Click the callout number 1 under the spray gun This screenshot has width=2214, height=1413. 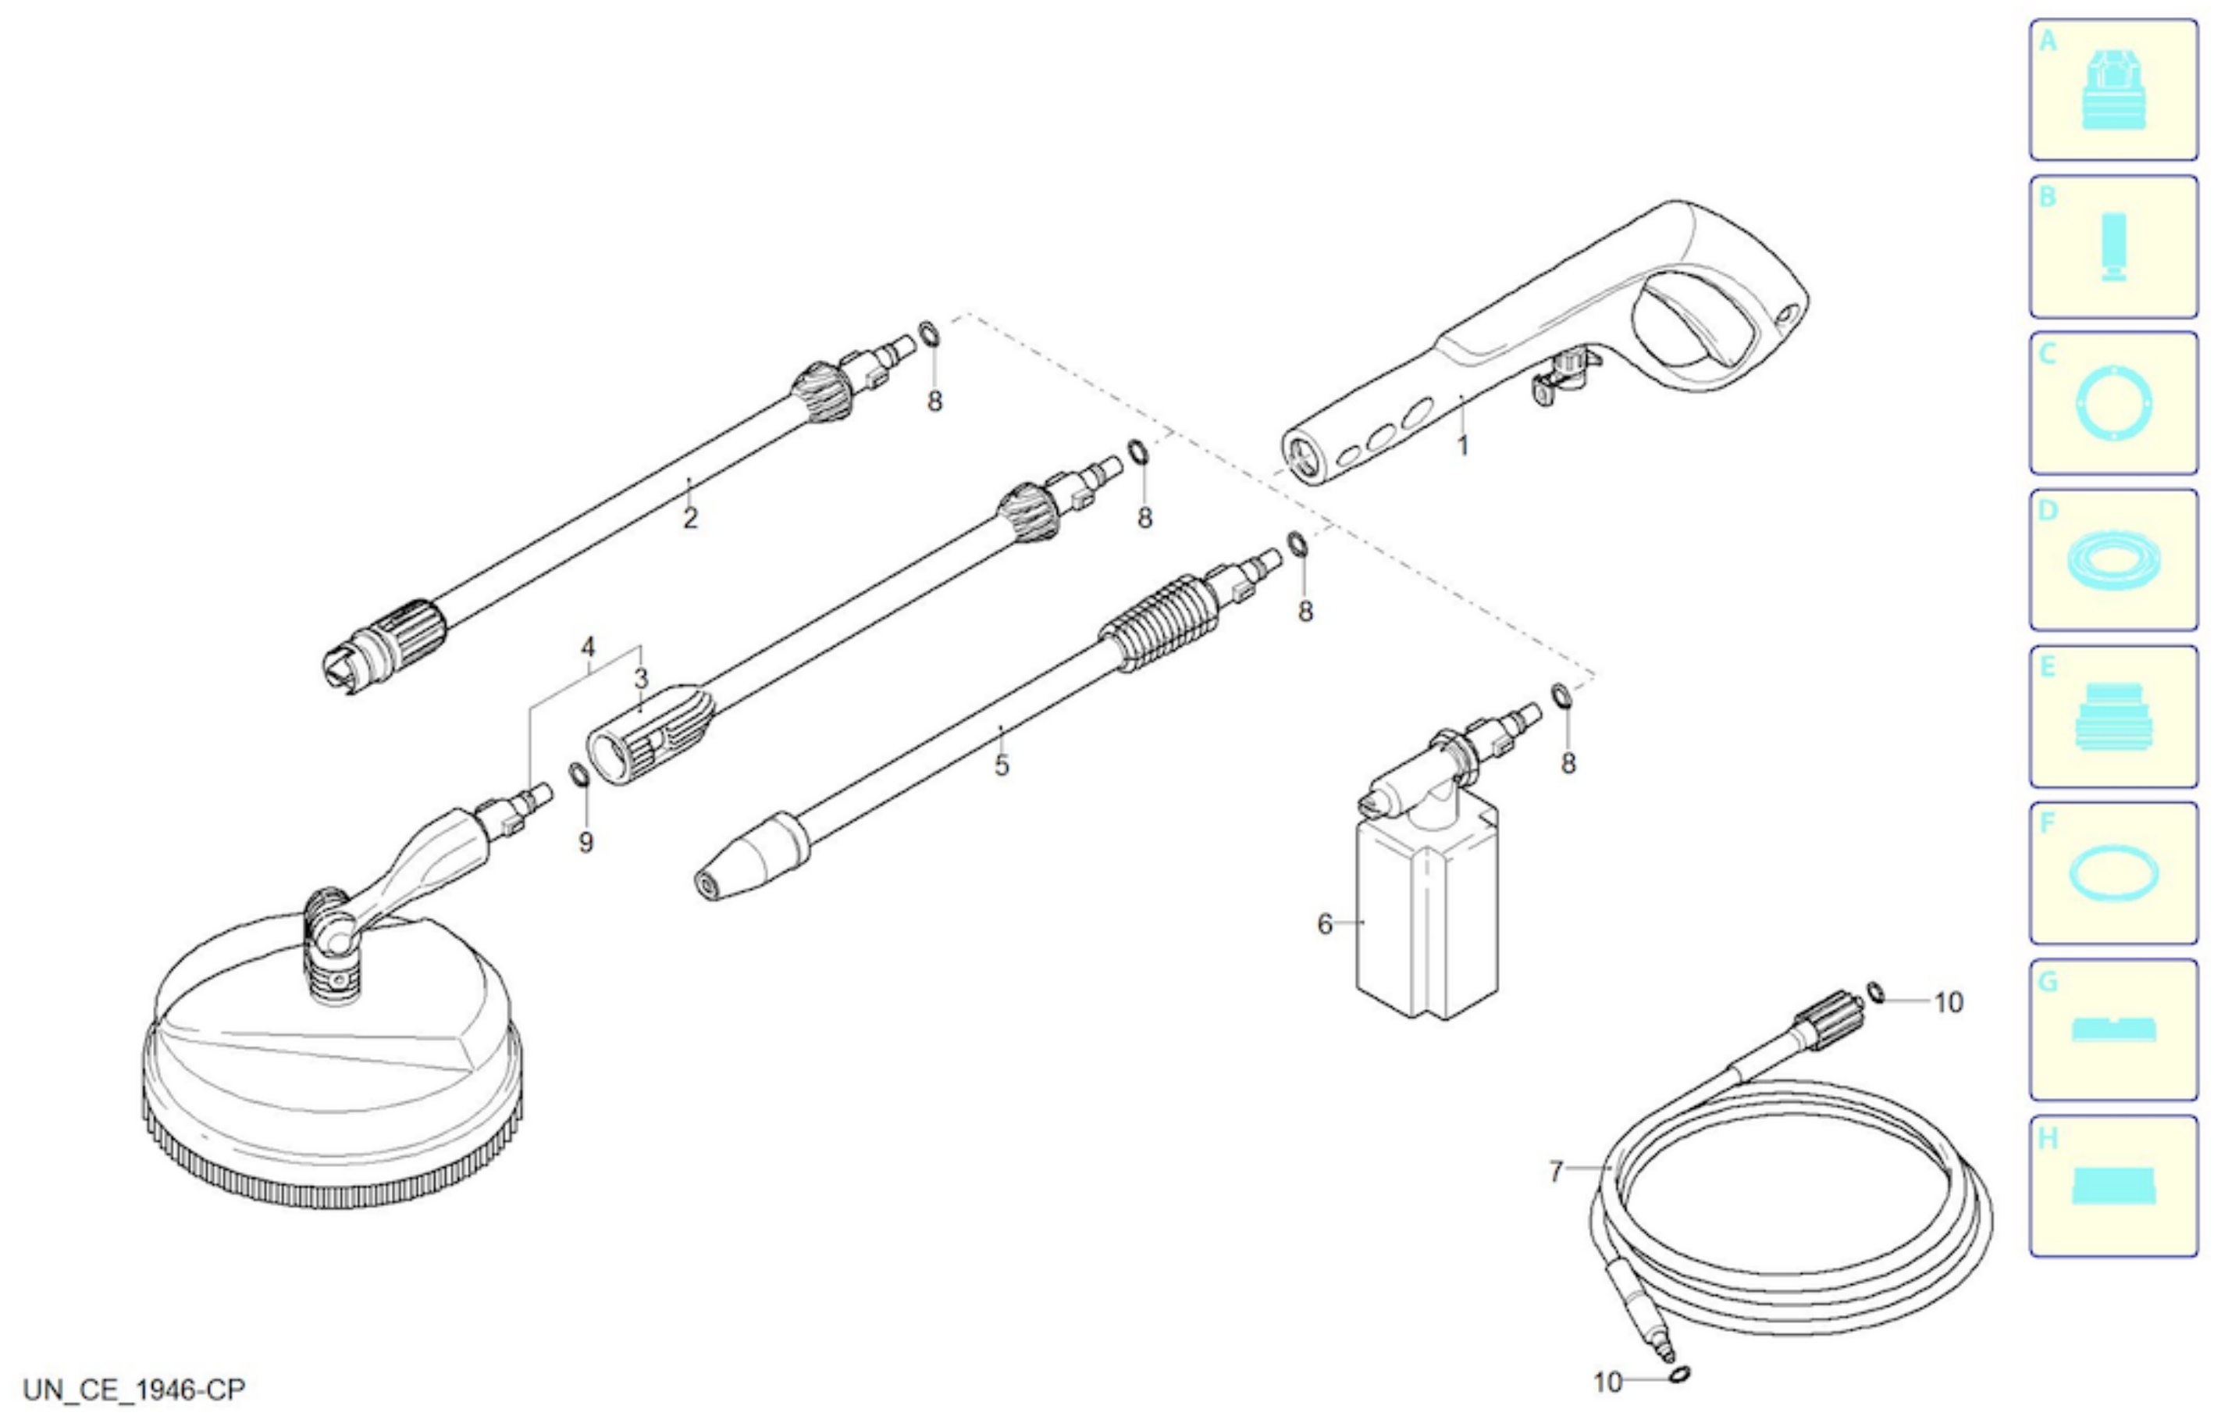pyautogui.click(x=1463, y=446)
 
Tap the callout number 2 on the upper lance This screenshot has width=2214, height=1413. pyautogui.click(x=690, y=519)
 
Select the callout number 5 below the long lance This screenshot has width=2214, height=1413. pyautogui.click(x=1002, y=765)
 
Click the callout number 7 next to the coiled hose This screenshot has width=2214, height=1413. pyautogui.click(x=1556, y=1172)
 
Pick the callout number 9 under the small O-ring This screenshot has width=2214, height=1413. pyautogui.click(x=586, y=843)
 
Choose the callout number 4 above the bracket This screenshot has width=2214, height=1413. pyautogui.click(x=589, y=647)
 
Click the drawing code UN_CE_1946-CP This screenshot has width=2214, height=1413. pyautogui.click(x=134, y=1389)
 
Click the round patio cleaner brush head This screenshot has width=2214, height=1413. pyautogui.click(x=333, y=1058)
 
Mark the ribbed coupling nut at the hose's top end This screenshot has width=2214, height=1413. pyautogui.click(x=1828, y=1021)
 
